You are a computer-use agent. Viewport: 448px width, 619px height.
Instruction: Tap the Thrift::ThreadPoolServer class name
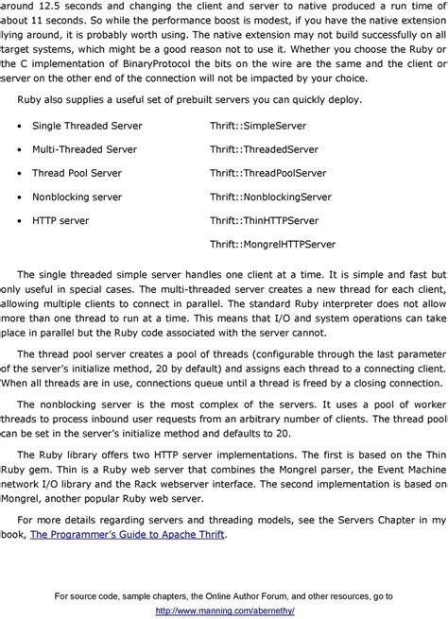click(x=267, y=173)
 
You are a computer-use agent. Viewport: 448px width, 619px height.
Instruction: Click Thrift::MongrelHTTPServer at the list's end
click(x=272, y=244)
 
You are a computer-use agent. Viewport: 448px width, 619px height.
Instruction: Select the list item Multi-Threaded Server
click(x=83, y=149)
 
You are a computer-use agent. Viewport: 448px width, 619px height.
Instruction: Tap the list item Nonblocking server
click(x=77, y=197)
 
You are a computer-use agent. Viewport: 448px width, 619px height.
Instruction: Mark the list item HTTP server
click(x=60, y=220)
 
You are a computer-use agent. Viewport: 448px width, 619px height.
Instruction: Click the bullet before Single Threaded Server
click(x=20, y=126)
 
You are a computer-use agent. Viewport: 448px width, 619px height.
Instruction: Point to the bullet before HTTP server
click(x=20, y=220)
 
